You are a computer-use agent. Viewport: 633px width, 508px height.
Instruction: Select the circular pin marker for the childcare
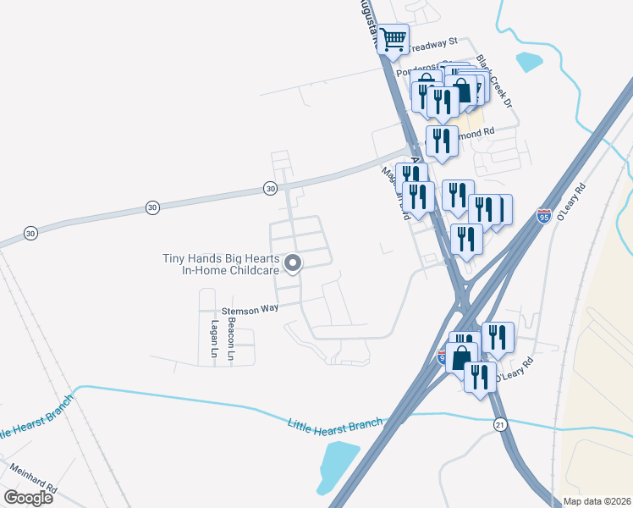294,265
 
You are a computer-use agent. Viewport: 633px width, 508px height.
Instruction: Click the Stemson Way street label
250,310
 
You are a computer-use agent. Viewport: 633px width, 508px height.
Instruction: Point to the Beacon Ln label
229,334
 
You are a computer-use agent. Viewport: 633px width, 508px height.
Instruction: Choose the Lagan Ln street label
214,338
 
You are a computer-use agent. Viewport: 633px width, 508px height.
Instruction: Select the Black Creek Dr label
496,81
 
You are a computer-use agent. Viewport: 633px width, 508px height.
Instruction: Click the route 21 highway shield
501,422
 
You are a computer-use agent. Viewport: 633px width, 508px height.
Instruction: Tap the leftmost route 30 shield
30,232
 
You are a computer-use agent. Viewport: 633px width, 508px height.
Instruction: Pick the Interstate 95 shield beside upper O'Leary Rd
544,217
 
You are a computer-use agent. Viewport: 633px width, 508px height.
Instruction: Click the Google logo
28,497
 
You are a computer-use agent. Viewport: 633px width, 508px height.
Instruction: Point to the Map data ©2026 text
596,501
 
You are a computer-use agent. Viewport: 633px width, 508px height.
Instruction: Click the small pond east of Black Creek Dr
529,62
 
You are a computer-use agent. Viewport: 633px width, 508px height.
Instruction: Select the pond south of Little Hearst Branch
336,466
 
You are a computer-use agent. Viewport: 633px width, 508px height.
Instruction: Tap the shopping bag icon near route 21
462,357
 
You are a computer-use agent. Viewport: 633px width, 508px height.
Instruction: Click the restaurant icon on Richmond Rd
442,141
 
